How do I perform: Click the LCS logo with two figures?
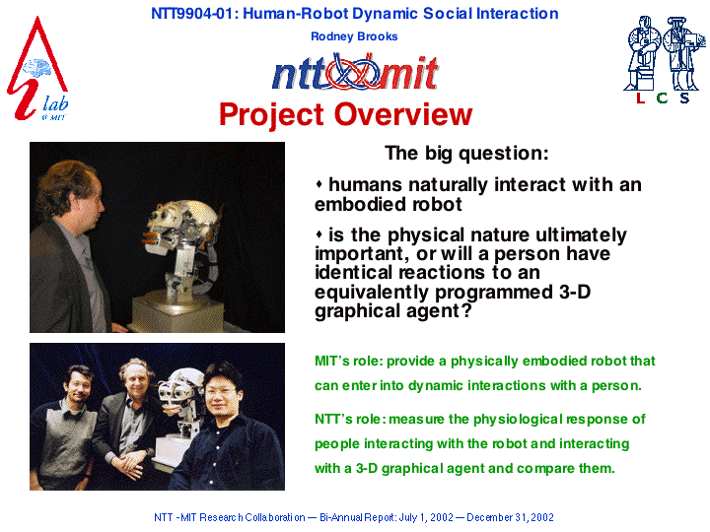[x=665, y=60]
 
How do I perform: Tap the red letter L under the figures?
[x=640, y=98]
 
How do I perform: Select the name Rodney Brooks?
[x=354, y=36]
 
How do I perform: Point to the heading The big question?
[x=466, y=154]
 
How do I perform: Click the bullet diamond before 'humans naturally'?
[x=319, y=184]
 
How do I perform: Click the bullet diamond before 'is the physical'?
[x=319, y=234]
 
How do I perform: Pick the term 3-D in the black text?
[x=575, y=292]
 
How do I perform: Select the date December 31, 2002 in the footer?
[x=510, y=517]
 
